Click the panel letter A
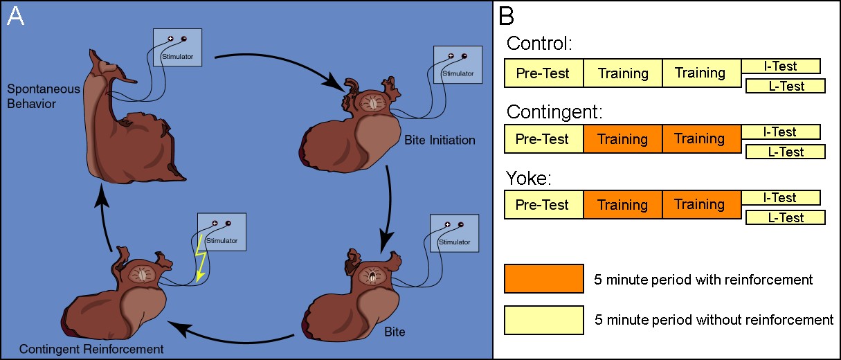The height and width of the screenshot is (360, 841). [15, 17]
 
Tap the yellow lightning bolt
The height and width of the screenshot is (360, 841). [201, 257]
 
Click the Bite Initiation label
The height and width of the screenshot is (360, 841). [440, 141]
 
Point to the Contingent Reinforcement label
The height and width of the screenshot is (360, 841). [91, 349]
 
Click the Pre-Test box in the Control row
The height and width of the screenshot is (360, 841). [543, 73]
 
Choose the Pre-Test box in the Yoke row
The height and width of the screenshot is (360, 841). [543, 205]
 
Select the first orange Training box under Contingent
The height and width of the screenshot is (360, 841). [622, 139]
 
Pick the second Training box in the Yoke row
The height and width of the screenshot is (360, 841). [700, 205]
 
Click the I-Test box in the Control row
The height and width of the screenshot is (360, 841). [780, 66]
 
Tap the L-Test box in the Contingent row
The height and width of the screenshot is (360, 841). [785, 152]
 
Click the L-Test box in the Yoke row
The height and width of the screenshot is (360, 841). [785, 218]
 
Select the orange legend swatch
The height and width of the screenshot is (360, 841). [543, 278]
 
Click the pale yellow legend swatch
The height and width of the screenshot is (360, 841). [543, 320]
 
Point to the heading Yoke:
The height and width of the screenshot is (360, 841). [529, 178]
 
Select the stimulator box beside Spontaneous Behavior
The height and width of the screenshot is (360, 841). [177, 47]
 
